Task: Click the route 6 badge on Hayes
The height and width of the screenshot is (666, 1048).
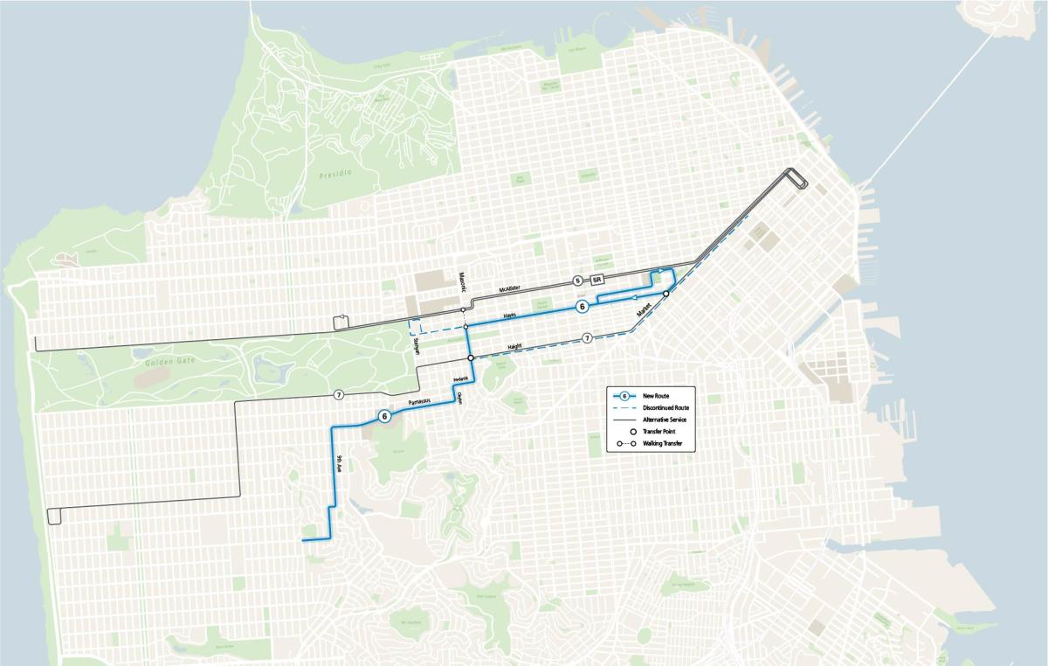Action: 582,307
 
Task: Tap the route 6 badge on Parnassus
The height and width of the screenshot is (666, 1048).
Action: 384,416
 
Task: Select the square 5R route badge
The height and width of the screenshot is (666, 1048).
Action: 597,280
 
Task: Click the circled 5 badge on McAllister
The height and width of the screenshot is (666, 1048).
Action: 577,280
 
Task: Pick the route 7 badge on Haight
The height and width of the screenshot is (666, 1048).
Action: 587,337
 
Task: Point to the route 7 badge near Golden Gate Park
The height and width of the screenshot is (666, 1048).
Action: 338,395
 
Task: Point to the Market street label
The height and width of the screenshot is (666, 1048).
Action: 645,309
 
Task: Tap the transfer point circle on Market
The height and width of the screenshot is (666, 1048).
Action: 665,295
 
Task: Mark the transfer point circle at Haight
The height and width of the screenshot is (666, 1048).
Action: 470,358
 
